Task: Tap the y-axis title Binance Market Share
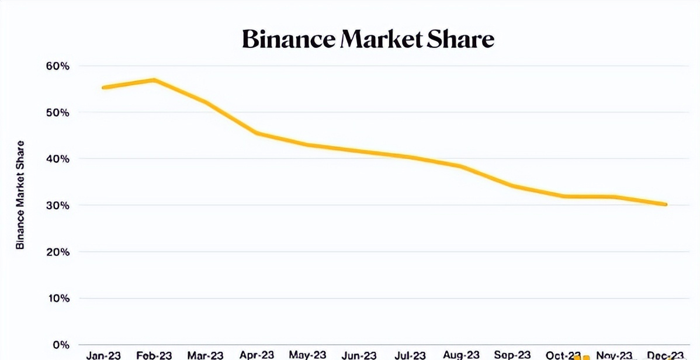pos(20,195)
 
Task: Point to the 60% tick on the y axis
pos(57,66)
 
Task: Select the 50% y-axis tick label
pos(57,112)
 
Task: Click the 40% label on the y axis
pos(57,159)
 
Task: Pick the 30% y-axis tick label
pos(57,206)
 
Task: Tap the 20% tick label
pos(57,252)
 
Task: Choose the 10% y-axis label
pos(57,299)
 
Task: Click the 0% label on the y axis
pos(60,345)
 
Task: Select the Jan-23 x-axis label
pos(103,355)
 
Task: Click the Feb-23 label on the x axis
pos(154,355)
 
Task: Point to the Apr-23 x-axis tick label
pos(257,355)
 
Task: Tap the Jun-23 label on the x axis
pos(359,355)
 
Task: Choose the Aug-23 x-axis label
pos(462,355)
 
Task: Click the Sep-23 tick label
pos(512,355)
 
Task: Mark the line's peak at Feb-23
pos(154,80)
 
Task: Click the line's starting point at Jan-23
pos(103,88)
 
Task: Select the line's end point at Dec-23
pos(666,205)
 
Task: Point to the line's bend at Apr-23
pos(257,133)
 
